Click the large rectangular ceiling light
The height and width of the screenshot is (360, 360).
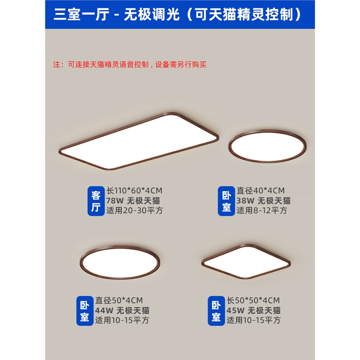pyautogui.click(x=139, y=141)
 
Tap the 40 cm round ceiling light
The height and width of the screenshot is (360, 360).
pyautogui.click(x=267, y=146)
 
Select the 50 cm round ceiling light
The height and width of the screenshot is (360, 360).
pyautogui.click(x=120, y=262)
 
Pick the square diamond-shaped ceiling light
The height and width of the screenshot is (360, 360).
pyautogui.click(x=246, y=261)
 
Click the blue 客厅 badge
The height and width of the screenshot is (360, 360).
pyautogui.click(x=96, y=201)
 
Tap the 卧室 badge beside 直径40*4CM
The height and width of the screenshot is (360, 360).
pyautogui.click(x=226, y=201)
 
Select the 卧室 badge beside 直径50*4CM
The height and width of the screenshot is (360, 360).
pyautogui.click(x=85, y=310)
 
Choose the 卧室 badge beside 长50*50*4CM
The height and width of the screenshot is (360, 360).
pyautogui.click(x=216, y=310)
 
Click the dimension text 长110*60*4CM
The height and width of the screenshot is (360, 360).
pyautogui.click(x=134, y=190)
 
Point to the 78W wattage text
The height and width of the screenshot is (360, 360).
pyautogui.click(x=115, y=201)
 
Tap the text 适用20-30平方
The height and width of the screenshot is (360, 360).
pyautogui.click(x=135, y=211)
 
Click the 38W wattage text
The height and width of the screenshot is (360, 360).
pyautogui.click(x=245, y=201)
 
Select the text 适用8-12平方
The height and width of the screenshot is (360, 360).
pyautogui.click(x=262, y=211)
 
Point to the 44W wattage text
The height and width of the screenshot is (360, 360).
pyautogui.click(x=104, y=310)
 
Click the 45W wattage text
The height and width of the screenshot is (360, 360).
pyautogui.click(x=235, y=310)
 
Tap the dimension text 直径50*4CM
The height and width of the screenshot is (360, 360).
pyautogui.click(x=119, y=300)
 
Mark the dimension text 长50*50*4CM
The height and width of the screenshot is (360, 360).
pyautogui.click(x=253, y=300)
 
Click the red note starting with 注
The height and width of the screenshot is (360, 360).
pyautogui.click(x=130, y=64)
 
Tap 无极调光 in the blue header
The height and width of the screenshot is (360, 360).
pyautogui.click(x=152, y=14)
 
